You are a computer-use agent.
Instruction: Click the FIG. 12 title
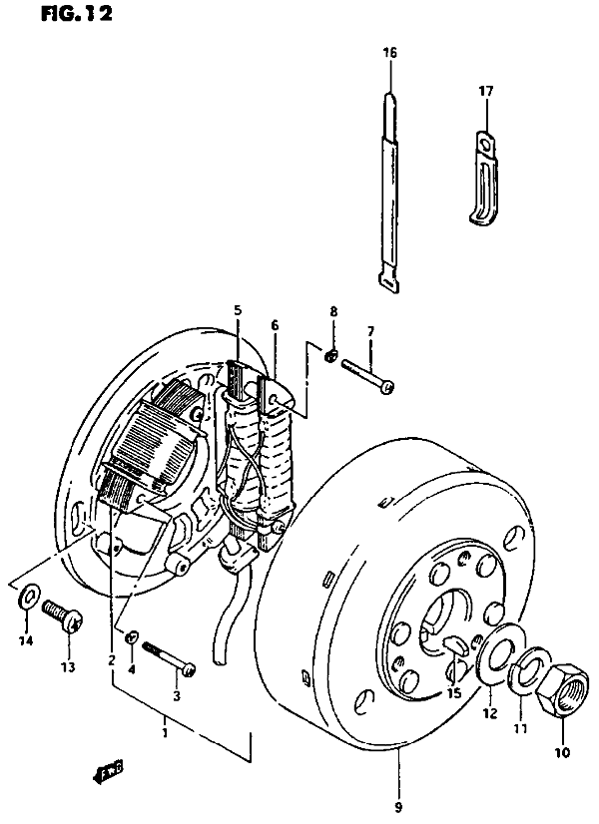tap(77, 14)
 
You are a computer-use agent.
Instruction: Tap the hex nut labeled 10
tap(562, 689)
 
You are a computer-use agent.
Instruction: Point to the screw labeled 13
tap(63, 617)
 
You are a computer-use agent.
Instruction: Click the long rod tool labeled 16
tap(389, 193)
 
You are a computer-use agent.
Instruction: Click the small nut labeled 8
tap(330, 357)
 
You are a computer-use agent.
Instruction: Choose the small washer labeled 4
tap(132, 637)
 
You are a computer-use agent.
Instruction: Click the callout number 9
tap(398, 807)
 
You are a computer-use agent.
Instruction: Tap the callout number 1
tap(165, 732)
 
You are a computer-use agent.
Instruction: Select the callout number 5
tap(238, 310)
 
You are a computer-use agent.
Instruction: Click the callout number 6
tap(275, 326)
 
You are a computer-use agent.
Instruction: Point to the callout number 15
tap(454, 693)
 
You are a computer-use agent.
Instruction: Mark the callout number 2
tap(112, 660)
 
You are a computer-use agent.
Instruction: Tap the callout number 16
tap(389, 52)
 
